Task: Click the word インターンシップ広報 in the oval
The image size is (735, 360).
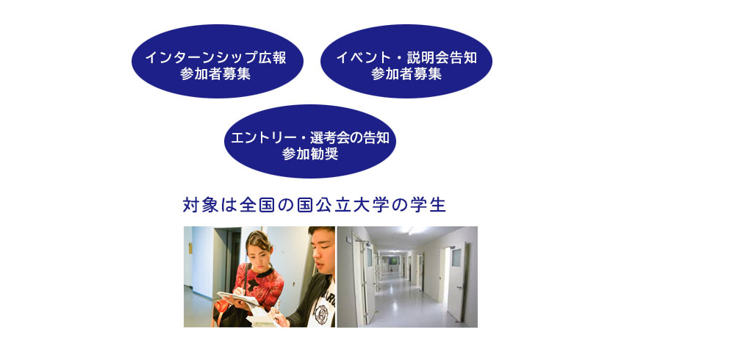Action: pyautogui.click(x=215, y=57)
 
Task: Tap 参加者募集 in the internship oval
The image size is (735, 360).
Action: pyautogui.click(x=215, y=73)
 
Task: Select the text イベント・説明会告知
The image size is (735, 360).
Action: pyautogui.click(x=406, y=57)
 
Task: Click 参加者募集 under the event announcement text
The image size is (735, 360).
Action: pyautogui.click(x=406, y=73)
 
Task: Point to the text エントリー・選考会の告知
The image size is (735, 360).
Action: pyautogui.click(x=310, y=138)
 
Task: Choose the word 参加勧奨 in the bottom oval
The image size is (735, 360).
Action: pyautogui.click(x=310, y=154)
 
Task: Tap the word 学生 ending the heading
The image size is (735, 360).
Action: pyautogui.click(x=428, y=205)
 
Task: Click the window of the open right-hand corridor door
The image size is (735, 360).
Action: pyautogui.click(x=456, y=257)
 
